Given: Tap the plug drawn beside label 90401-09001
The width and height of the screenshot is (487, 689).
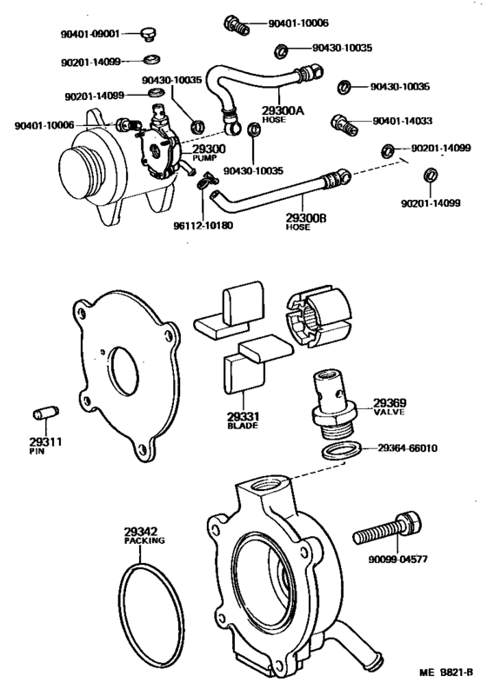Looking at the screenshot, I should click(x=148, y=35).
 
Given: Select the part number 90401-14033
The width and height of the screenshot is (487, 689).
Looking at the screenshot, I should click(x=407, y=122).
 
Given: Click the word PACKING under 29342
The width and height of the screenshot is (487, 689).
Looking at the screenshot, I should click(x=138, y=540).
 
